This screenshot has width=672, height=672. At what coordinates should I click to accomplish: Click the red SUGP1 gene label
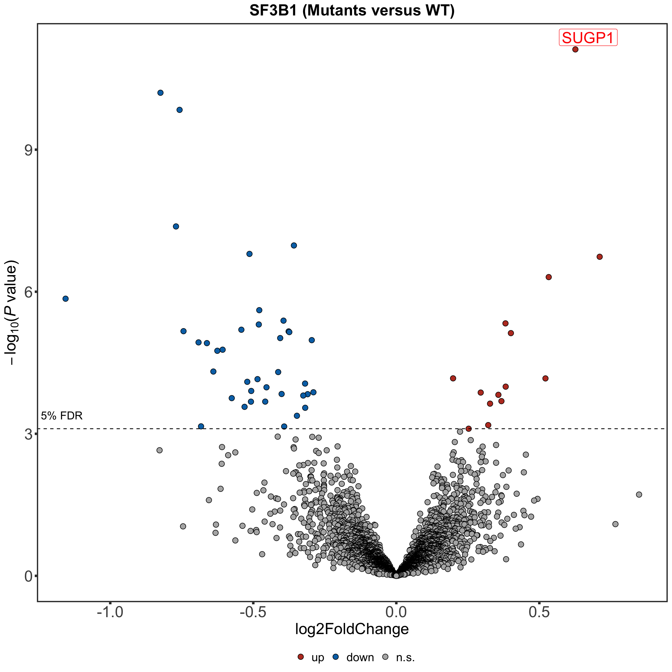[588, 38]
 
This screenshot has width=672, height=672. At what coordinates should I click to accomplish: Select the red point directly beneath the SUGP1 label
[575, 49]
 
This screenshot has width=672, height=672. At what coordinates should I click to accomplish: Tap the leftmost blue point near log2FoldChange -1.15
[65, 299]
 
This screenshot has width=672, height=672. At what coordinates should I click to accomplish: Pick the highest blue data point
[160, 93]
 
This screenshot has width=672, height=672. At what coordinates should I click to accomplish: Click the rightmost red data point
[600, 257]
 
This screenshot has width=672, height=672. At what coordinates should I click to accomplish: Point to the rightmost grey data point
[639, 495]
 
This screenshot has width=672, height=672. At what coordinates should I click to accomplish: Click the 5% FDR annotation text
[62, 416]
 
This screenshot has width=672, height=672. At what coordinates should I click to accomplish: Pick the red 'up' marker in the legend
[301, 657]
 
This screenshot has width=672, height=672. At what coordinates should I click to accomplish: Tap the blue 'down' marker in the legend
[336, 657]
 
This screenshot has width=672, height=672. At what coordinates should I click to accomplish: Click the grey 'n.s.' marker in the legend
[385, 657]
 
